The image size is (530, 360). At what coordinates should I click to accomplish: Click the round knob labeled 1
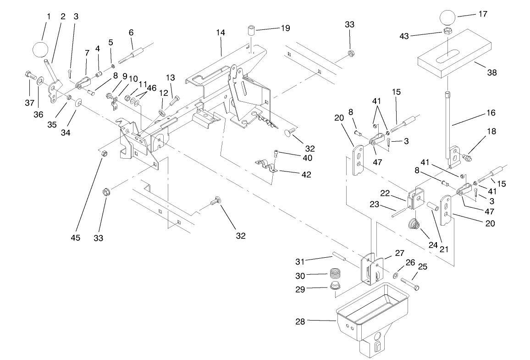(x=41, y=49)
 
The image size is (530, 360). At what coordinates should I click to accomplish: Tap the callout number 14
(x=221, y=33)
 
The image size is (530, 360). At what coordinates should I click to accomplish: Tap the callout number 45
(x=75, y=238)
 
